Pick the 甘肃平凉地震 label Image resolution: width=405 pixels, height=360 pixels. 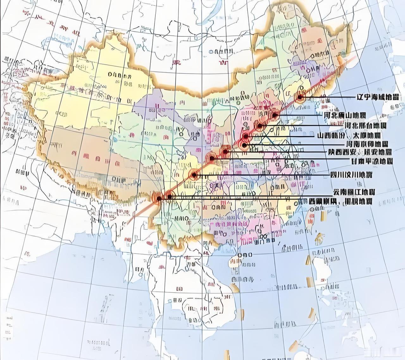[372, 161]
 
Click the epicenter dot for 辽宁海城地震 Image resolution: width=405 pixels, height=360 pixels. [300, 98]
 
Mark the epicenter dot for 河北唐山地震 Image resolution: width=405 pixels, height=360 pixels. [275, 115]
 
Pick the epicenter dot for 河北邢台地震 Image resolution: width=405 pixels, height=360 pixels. [260, 126]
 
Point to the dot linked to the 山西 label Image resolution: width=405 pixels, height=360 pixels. [246, 137]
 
